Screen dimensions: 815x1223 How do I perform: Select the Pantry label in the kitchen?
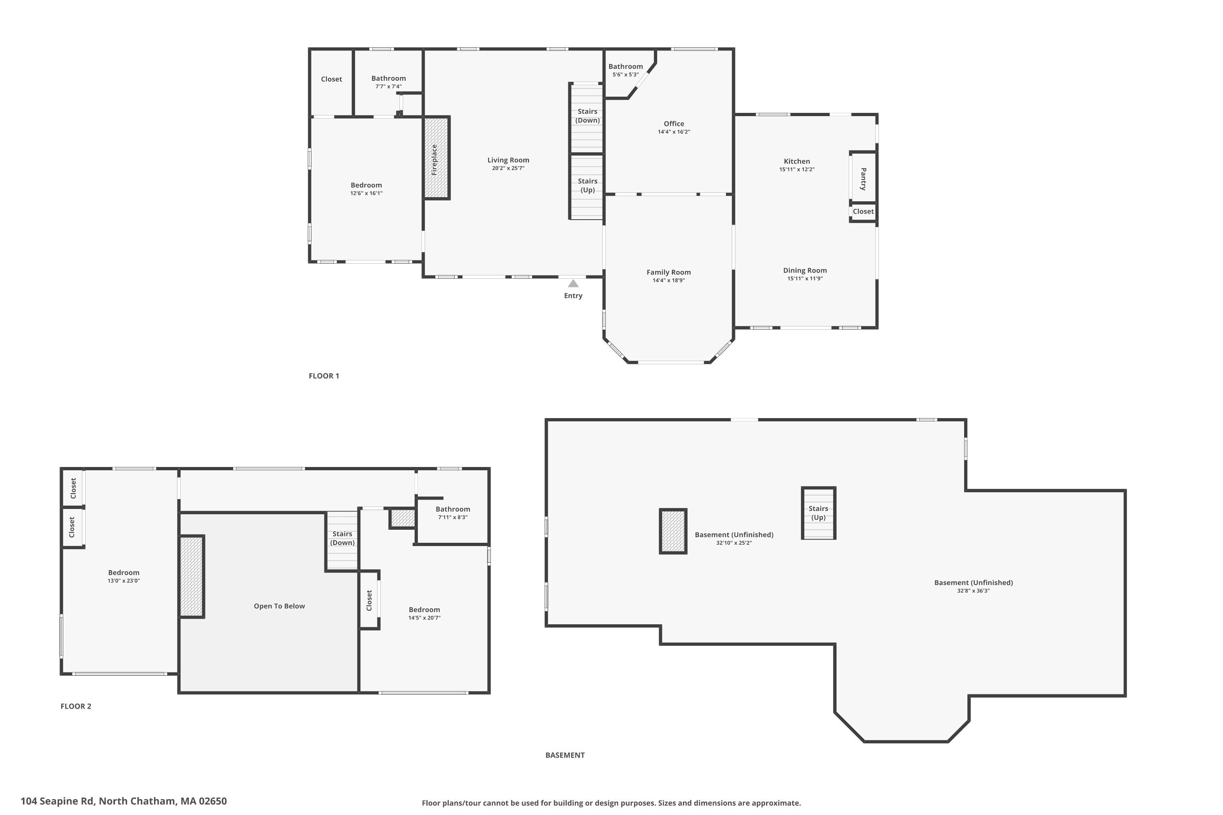pyautogui.click(x=863, y=178)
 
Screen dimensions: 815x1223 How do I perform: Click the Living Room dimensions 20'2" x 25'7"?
pyautogui.click(x=508, y=168)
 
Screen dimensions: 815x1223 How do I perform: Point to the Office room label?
pyautogui.click(x=673, y=124)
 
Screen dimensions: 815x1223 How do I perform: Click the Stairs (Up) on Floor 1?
pyautogui.click(x=587, y=185)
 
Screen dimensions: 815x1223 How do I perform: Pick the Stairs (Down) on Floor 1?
pyautogui.click(x=587, y=116)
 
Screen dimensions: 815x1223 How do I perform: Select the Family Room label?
pyautogui.click(x=668, y=272)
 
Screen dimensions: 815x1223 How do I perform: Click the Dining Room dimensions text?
pyautogui.click(x=804, y=279)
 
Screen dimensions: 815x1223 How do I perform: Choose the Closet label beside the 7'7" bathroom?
pyautogui.click(x=331, y=79)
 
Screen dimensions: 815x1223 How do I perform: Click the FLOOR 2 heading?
pyautogui.click(x=76, y=706)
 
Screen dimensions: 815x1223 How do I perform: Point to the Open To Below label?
pyautogui.click(x=279, y=606)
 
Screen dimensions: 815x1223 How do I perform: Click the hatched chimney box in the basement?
pyautogui.click(x=673, y=531)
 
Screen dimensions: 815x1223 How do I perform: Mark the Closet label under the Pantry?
pyautogui.click(x=863, y=211)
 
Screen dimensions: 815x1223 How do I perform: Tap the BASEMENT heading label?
pyautogui.click(x=565, y=755)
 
